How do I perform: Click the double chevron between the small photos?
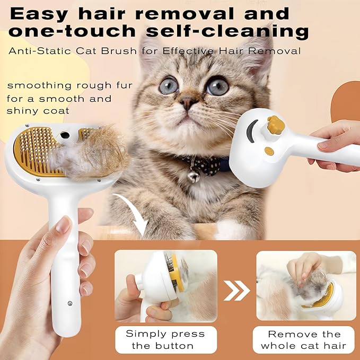[x=237, y=291]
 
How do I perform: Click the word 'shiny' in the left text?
[x=22, y=111]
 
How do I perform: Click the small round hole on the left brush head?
[x=65, y=136]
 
